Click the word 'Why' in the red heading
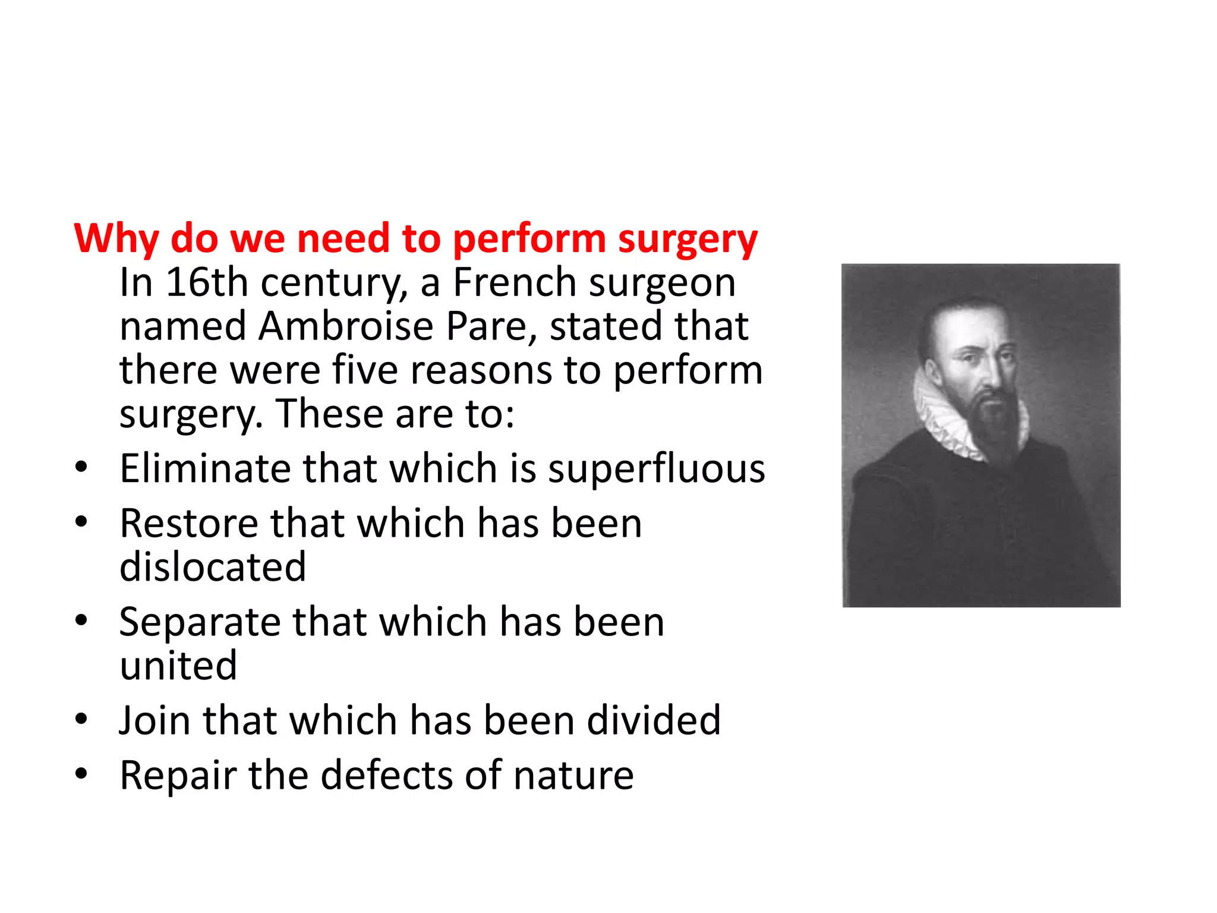(x=116, y=239)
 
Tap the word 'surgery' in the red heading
(x=688, y=239)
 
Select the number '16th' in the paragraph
(x=206, y=282)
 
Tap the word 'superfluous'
(x=656, y=468)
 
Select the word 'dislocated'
(x=213, y=567)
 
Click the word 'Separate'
(x=200, y=622)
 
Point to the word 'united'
(x=178, y=666)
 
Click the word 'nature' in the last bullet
(x=573, y=776)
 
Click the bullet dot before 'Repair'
(x=81, y=775)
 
